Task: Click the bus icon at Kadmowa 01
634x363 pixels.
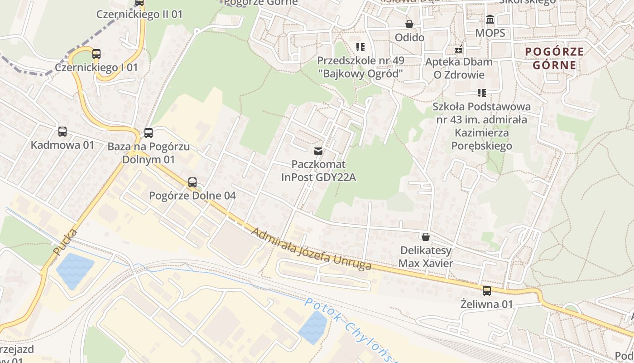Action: pos(62,132)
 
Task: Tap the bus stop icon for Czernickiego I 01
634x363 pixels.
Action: pos(96,54)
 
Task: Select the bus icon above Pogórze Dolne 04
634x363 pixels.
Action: pos(192,182)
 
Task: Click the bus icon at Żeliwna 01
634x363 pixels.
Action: pos(487,291)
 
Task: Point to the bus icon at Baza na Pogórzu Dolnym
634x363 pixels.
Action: pos(148,133)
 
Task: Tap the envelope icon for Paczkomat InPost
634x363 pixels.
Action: pos(318,151)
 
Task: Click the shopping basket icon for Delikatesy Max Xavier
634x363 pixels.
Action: pos(425,237)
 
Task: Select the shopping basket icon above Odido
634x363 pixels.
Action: pos(409,24)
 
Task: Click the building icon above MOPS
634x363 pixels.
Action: pos(490,20)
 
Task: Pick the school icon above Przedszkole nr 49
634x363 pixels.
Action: pos(360,47)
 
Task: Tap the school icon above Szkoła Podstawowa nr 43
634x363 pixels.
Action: pos(482,93)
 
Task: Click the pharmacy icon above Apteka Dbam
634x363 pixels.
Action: pos(459,49)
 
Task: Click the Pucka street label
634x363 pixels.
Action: pos(65,242)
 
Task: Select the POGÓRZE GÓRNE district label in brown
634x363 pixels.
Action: pos(554,58)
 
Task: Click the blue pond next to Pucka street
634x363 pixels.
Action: pos(75,270)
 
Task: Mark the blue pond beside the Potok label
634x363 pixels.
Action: pos(313,328)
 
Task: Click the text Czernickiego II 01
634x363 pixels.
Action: pos(139,15)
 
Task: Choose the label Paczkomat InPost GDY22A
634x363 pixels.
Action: pos(318,171)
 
